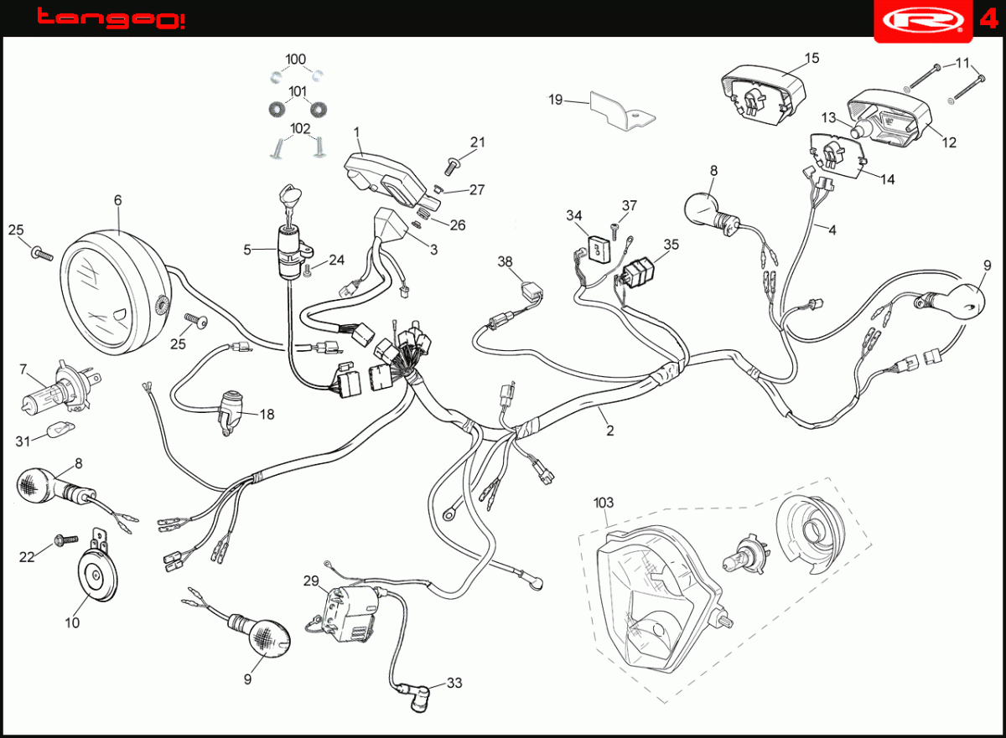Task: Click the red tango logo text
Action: pyautogui.click(x=111, y=18)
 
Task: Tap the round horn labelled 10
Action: pyautogui.click(x=98, y=575)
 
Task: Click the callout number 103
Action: pyautogui.click(x=604, y=503)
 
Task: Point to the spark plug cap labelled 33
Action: pyautogui.click(x=417, y=699)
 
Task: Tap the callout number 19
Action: pyautogui.click(x=556, y=100)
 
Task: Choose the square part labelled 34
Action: pyautogui.click(x=599, y=249)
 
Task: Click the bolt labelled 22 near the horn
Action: pyautogui.click(x=66, y=539)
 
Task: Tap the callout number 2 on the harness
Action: pyautogui.click(x=610, y=431)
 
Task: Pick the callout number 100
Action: pyautogui.click(x=295, y=59)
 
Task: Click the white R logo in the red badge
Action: pyautogui.click(x=923, y=20)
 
